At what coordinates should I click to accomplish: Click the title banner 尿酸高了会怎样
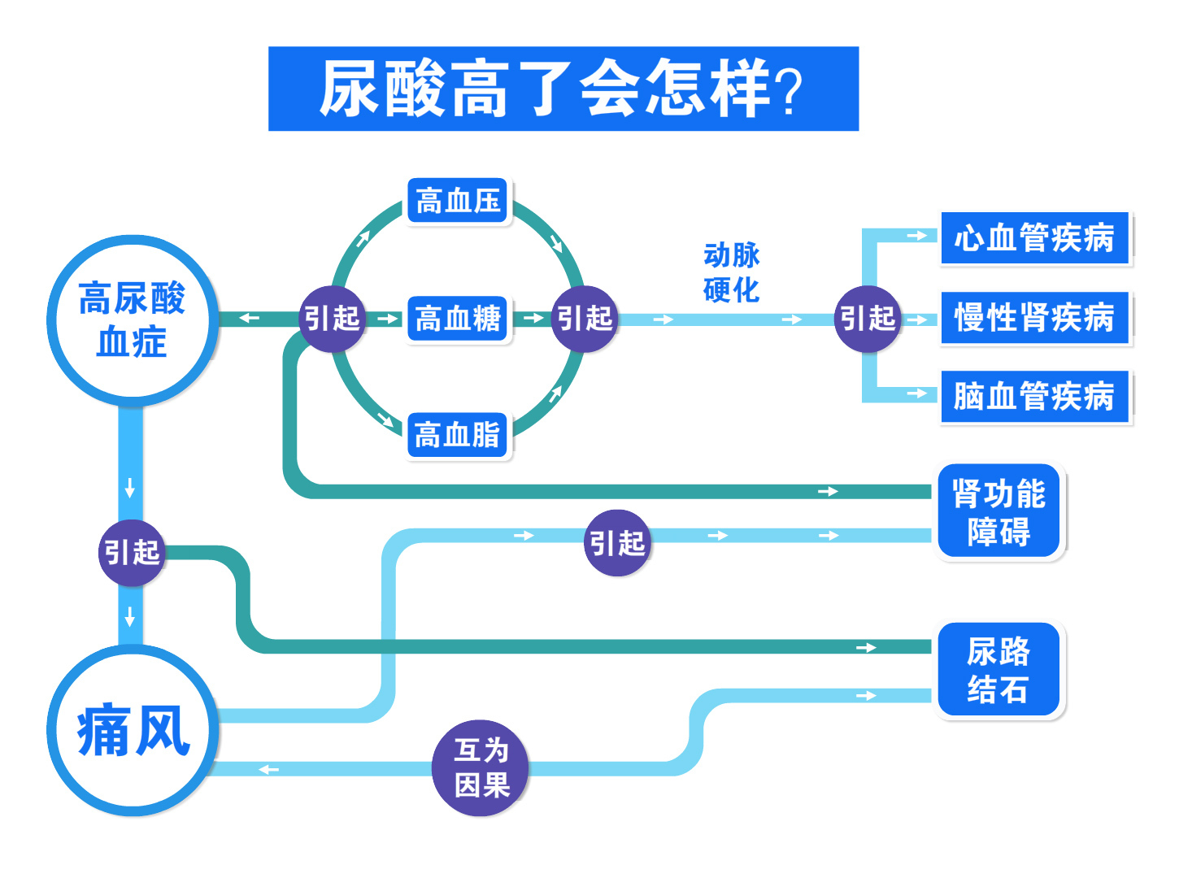point(563,89)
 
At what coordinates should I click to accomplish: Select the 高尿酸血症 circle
point(132,319)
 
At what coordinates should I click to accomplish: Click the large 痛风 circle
point(132,730)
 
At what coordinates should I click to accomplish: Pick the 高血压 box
point(458,201)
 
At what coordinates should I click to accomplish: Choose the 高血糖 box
point(458,318)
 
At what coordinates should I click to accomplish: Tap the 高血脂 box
point(457,434)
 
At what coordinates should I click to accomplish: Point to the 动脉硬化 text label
point(731,272)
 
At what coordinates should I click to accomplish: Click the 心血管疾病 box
point(1034,238)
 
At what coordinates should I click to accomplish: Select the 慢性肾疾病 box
point(1034,318)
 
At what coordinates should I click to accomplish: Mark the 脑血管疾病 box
point(1034,397)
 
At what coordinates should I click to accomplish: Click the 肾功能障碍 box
point(999,512)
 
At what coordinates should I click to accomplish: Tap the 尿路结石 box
point(999,671)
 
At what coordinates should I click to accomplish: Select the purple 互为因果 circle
point(481,767)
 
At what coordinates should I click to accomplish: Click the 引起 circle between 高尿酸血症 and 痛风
point(131,553)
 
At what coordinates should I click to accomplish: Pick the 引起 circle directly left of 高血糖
point(332,319)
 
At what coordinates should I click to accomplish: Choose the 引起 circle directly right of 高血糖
point(585,319)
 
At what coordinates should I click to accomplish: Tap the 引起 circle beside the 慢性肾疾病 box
point(868,319)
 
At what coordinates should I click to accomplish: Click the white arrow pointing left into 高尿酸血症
point(249,318)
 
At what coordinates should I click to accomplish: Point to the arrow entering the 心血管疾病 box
point(917,236)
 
